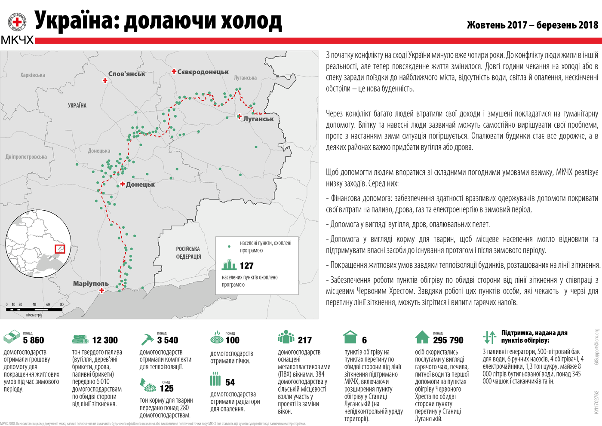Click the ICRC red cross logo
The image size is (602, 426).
(x=17, y=21)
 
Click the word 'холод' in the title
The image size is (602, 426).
(x=251, y=21)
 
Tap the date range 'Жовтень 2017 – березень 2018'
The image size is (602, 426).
(x=532, y=25)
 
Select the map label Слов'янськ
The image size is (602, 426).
(x=127, y=74)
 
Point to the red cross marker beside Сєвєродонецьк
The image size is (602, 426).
(x=174, y=71)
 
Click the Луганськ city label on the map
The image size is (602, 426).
(x=258, y=119)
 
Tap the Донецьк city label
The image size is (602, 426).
(x=140, y=184)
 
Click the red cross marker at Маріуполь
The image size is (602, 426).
(x=102, y=291)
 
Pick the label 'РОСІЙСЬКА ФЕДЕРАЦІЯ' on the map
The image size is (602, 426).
(x=188, y=253)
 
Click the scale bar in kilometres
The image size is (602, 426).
(x=34, y=309)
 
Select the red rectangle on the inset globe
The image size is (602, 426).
(x=60, y=248)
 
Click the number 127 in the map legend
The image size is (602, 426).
(x=246, y=266)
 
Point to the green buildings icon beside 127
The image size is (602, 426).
(x=229, y=264)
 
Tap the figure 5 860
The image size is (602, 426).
(x=34, y=340)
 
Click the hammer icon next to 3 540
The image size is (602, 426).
(x=147, y=340)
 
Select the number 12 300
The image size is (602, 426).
(x=105, y=340)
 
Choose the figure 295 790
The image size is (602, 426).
(x=448, y=340)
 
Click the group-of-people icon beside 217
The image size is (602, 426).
(x=286, y=337)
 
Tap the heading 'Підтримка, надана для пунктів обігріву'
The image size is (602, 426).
(x=534, y=337)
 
